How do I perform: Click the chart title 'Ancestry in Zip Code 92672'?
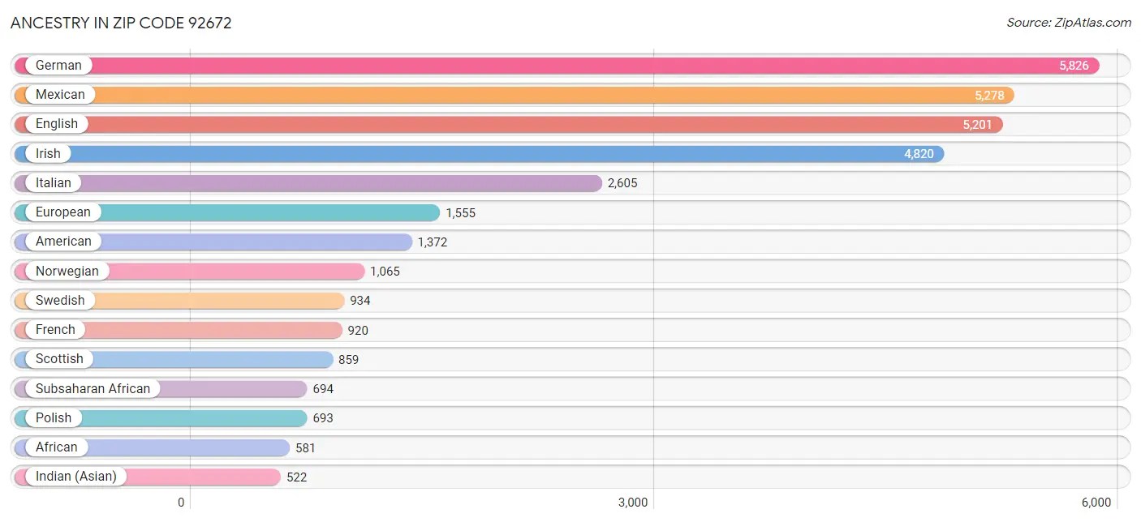[121, 23]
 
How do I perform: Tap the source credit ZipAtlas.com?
[1068, 23]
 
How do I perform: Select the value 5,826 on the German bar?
[1074, 66]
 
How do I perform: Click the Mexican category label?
[60, 95]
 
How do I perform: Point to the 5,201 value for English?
[977, 125]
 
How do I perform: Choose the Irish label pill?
[48, 154]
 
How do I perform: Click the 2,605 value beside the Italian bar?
[622, 183]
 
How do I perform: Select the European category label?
[63, 212]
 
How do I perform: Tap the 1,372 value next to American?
[433, 242]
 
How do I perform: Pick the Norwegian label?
[67, 272]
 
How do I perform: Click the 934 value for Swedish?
[360, 301]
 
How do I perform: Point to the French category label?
[55, 330]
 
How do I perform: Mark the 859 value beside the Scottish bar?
[349, 360]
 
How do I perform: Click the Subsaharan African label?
[93, 389]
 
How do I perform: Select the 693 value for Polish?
[323, 418]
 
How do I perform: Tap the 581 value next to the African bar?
[305, 447]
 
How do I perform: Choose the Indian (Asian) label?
[76, 477]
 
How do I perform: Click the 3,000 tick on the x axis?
[633, 503]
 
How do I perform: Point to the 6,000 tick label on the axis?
[1096, 503]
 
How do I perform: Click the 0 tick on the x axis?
[181, 503]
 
